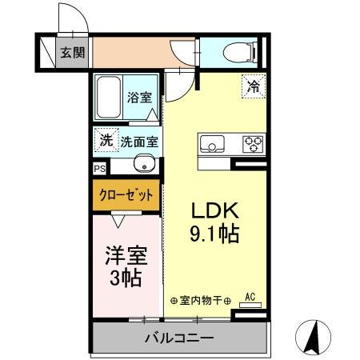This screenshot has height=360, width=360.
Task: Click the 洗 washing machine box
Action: click(x=106, y=142)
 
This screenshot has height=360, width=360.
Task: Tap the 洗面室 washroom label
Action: click(x=139, y=142)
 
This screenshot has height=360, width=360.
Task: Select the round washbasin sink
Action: click(x=146, y=167)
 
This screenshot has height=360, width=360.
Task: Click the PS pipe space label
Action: click(x=99, y=170)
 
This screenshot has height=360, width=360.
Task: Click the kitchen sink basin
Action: click(x=213, y=145)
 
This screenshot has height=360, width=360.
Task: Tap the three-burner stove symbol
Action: click(x=253, y=145)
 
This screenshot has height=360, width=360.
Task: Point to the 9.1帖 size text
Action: click(x=214, y=236)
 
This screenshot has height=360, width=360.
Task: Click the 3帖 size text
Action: click(x=126, y=279)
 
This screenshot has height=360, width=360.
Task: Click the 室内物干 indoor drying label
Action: click(x=200, y=301)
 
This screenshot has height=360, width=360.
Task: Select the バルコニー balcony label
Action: click(x=178, y=338)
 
